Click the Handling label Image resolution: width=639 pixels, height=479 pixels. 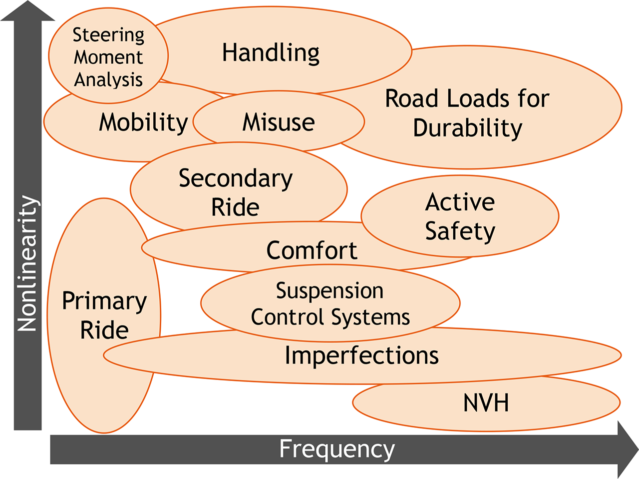point(271,53)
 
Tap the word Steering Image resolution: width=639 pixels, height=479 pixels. point(108,35)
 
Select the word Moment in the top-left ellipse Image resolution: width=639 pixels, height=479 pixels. point(108,57)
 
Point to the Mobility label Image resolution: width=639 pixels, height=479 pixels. point(143,122)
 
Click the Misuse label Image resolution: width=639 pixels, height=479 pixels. point(279,122)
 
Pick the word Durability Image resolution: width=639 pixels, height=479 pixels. point(467,128)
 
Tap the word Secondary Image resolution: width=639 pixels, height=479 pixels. point(236,179)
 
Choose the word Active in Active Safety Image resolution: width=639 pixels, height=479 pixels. point(460,202)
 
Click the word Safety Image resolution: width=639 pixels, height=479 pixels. point(460,231)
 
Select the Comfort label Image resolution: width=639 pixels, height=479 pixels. point(312,250)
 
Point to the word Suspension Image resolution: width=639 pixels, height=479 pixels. point(329,291)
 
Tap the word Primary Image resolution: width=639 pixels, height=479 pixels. point(104,301)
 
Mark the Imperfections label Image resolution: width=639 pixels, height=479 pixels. point(361,355)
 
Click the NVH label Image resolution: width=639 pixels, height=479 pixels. point(486,403)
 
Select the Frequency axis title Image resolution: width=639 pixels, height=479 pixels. point(336,449)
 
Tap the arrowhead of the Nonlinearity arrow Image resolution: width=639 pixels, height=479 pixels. point(27,11)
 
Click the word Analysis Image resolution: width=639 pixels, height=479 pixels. point(108,80)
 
